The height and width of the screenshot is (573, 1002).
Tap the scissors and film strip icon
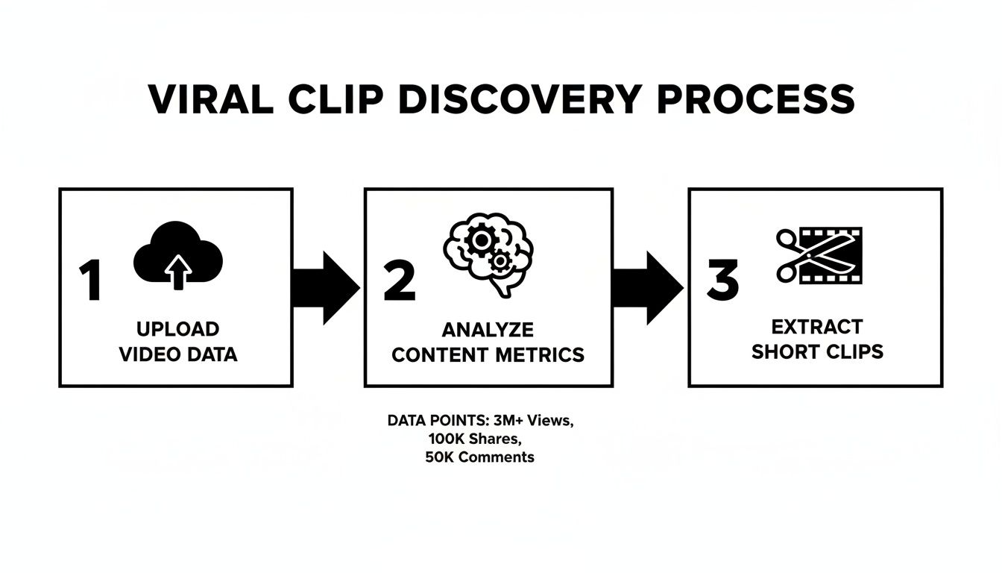coord(819,255)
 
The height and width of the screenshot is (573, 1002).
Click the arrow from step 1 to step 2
coord(327,287)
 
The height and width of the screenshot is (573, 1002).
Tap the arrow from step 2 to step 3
coord(648,287)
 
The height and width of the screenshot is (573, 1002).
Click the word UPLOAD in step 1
coord(178,329)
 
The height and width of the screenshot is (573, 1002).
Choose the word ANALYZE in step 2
coord(488,330)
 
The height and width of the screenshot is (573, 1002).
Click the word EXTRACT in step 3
coord(817,327)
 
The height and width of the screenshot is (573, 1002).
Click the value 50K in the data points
coord(440,457)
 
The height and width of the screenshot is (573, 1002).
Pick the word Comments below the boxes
coord(497,457)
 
